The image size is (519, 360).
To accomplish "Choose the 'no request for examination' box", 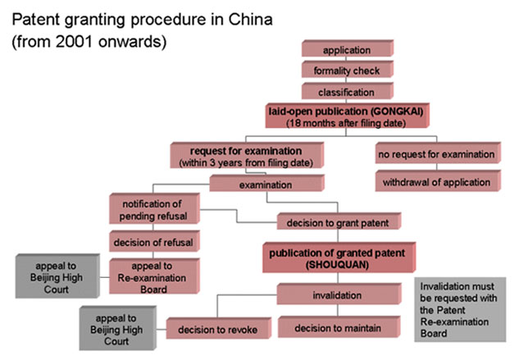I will [436, 153].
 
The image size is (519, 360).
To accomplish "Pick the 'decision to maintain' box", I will [330, 326].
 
